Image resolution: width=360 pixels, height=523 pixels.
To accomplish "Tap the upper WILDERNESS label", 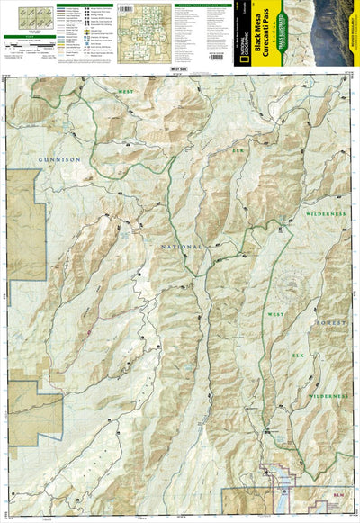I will click(325, 214).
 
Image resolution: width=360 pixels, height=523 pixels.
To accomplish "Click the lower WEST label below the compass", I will click(276, 312).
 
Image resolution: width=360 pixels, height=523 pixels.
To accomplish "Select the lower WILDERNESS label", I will click(326, 396).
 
